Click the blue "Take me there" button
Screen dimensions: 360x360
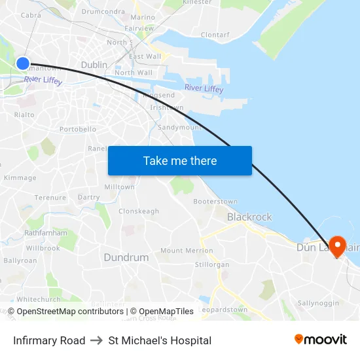180,160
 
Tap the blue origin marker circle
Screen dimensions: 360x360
22,63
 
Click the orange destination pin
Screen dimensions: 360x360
337,247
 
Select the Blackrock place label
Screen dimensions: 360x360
249,217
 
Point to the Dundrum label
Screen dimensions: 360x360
126,257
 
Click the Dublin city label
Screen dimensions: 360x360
94,65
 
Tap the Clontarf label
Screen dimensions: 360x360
215,35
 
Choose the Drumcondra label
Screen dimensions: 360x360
103,11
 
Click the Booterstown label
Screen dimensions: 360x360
215,201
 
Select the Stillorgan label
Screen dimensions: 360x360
212,264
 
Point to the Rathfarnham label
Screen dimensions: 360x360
45,232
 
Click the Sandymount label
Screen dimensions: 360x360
180,127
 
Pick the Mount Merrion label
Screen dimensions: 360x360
187,250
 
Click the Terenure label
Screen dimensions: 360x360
50,197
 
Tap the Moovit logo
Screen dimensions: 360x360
320,340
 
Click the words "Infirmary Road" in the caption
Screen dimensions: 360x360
49,340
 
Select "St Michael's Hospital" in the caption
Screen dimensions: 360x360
160,340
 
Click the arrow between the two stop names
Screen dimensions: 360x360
97,340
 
